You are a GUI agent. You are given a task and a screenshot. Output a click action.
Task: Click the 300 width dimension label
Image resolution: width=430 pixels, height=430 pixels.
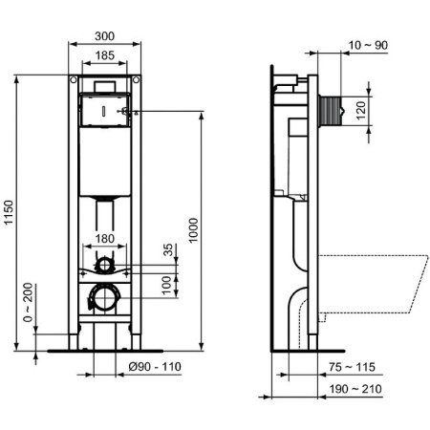(106, 35)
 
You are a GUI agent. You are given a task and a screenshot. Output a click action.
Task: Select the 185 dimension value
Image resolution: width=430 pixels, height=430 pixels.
(106, 56)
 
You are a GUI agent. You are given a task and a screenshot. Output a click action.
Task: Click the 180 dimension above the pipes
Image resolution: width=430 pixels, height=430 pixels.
(107, 239)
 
